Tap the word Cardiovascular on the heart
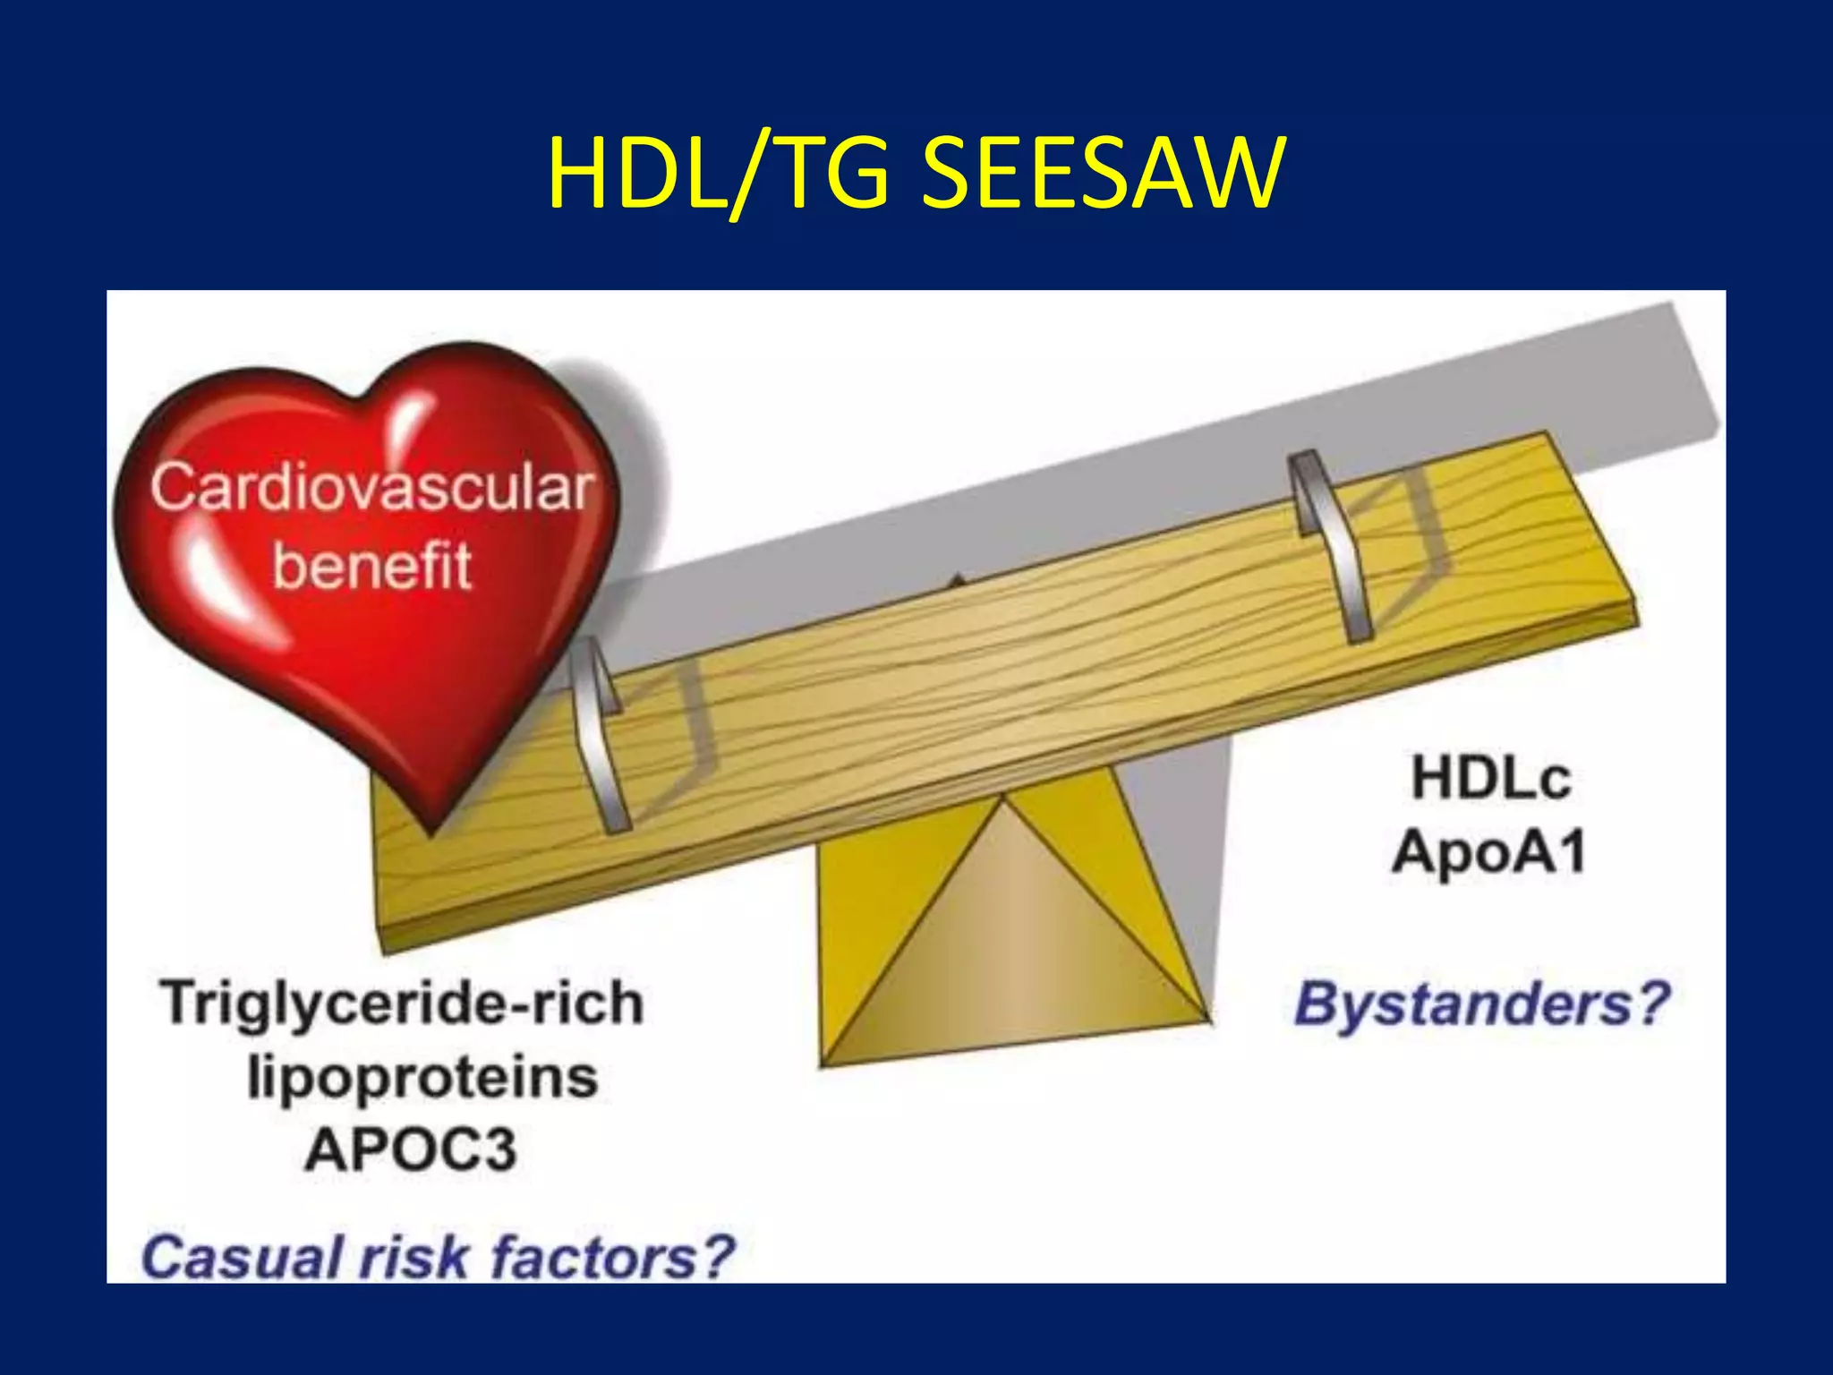[x=371, y=489]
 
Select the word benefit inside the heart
[x=371, y=566]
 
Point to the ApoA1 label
[x=1488, y=850]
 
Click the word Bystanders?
[x=1481, y=1003]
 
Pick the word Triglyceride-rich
[x=403, y=1003]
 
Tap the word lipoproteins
[x=422, y=1077]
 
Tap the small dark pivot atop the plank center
[x=959, y=579]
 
